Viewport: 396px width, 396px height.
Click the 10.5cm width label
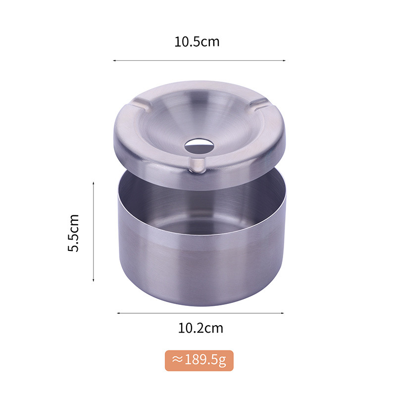point(197,42)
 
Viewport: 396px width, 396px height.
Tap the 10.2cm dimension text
point(200,328)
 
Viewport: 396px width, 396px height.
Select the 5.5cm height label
point(73,233)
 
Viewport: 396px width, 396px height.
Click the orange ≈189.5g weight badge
point(199,360)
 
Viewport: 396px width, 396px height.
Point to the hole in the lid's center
point(199,146)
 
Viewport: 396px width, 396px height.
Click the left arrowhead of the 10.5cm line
point(114,60)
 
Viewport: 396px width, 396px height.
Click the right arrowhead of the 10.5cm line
point(284,60)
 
